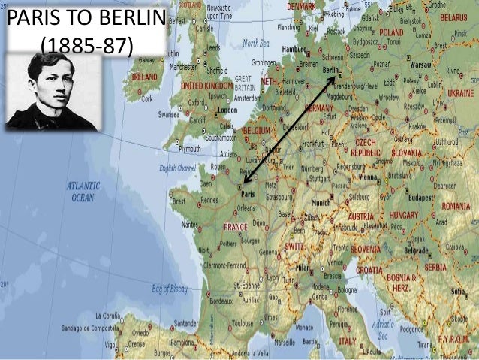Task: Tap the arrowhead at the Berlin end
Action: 333,77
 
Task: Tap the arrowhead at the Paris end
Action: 244,181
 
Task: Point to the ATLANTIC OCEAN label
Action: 83,192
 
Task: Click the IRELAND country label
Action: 144,77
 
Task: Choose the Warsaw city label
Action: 421,65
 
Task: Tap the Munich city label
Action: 321,203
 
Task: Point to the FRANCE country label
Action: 236,226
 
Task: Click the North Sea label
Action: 255,43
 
